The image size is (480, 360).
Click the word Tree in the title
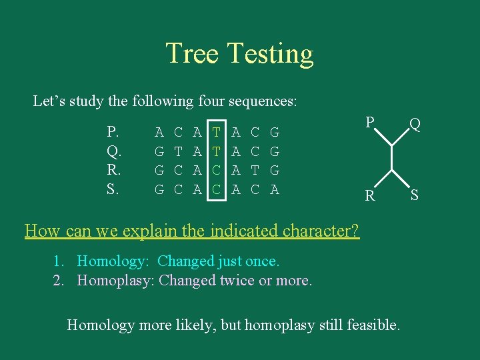(193, 54)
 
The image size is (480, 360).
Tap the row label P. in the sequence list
(113, 132)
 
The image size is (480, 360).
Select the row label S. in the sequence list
(113, 189)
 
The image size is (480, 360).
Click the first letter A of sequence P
(159, 133)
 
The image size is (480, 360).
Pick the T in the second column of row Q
(178, 151)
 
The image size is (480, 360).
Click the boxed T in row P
(217, 133)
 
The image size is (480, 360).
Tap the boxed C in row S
(217, 189)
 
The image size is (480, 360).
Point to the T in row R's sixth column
(255, 171)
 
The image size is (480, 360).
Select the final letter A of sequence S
(274, 189)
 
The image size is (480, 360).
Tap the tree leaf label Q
(415, 124)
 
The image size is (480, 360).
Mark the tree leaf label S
(415, 196)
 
